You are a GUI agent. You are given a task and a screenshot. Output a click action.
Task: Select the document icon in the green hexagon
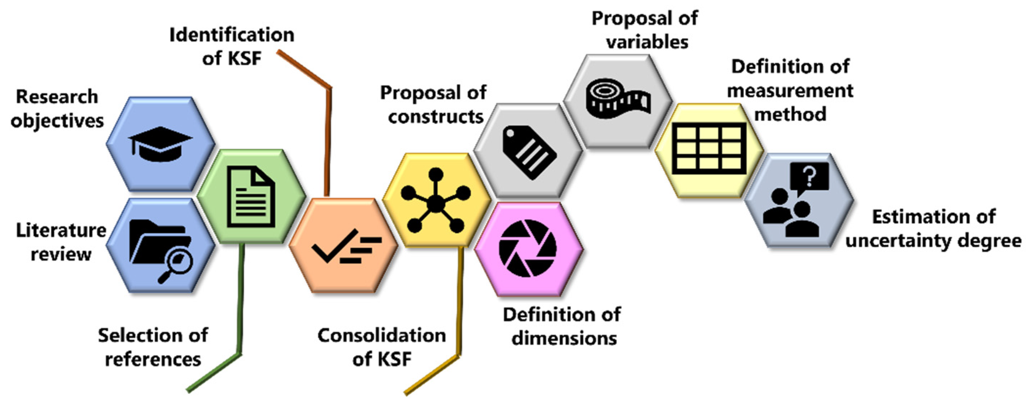(x=251, y=197)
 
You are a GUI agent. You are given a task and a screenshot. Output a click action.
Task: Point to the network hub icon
(x=436, y=201)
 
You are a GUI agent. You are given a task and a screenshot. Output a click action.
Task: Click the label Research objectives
(x=57, y=109)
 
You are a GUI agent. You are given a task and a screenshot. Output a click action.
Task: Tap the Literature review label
(x=61, y=242)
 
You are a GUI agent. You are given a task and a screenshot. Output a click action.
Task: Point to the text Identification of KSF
(x=232, y=47)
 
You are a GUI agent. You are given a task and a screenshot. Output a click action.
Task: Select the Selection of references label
(x=153, y=347)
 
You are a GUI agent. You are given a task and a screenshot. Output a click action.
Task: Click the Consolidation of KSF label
(x=381, y=347)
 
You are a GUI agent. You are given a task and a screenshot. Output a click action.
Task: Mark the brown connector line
(x=329, y=131)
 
